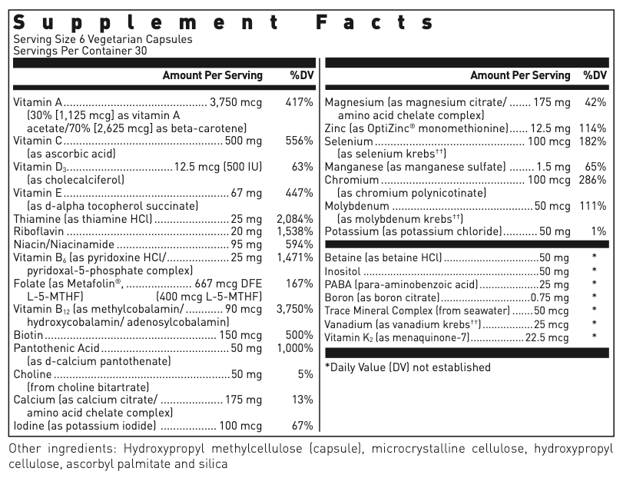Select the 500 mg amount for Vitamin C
[x=244, y=141]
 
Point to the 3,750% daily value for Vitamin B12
[x=294, y=309]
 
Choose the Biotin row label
[x=28, y=335]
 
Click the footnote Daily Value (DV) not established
[x=408, y=367]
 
